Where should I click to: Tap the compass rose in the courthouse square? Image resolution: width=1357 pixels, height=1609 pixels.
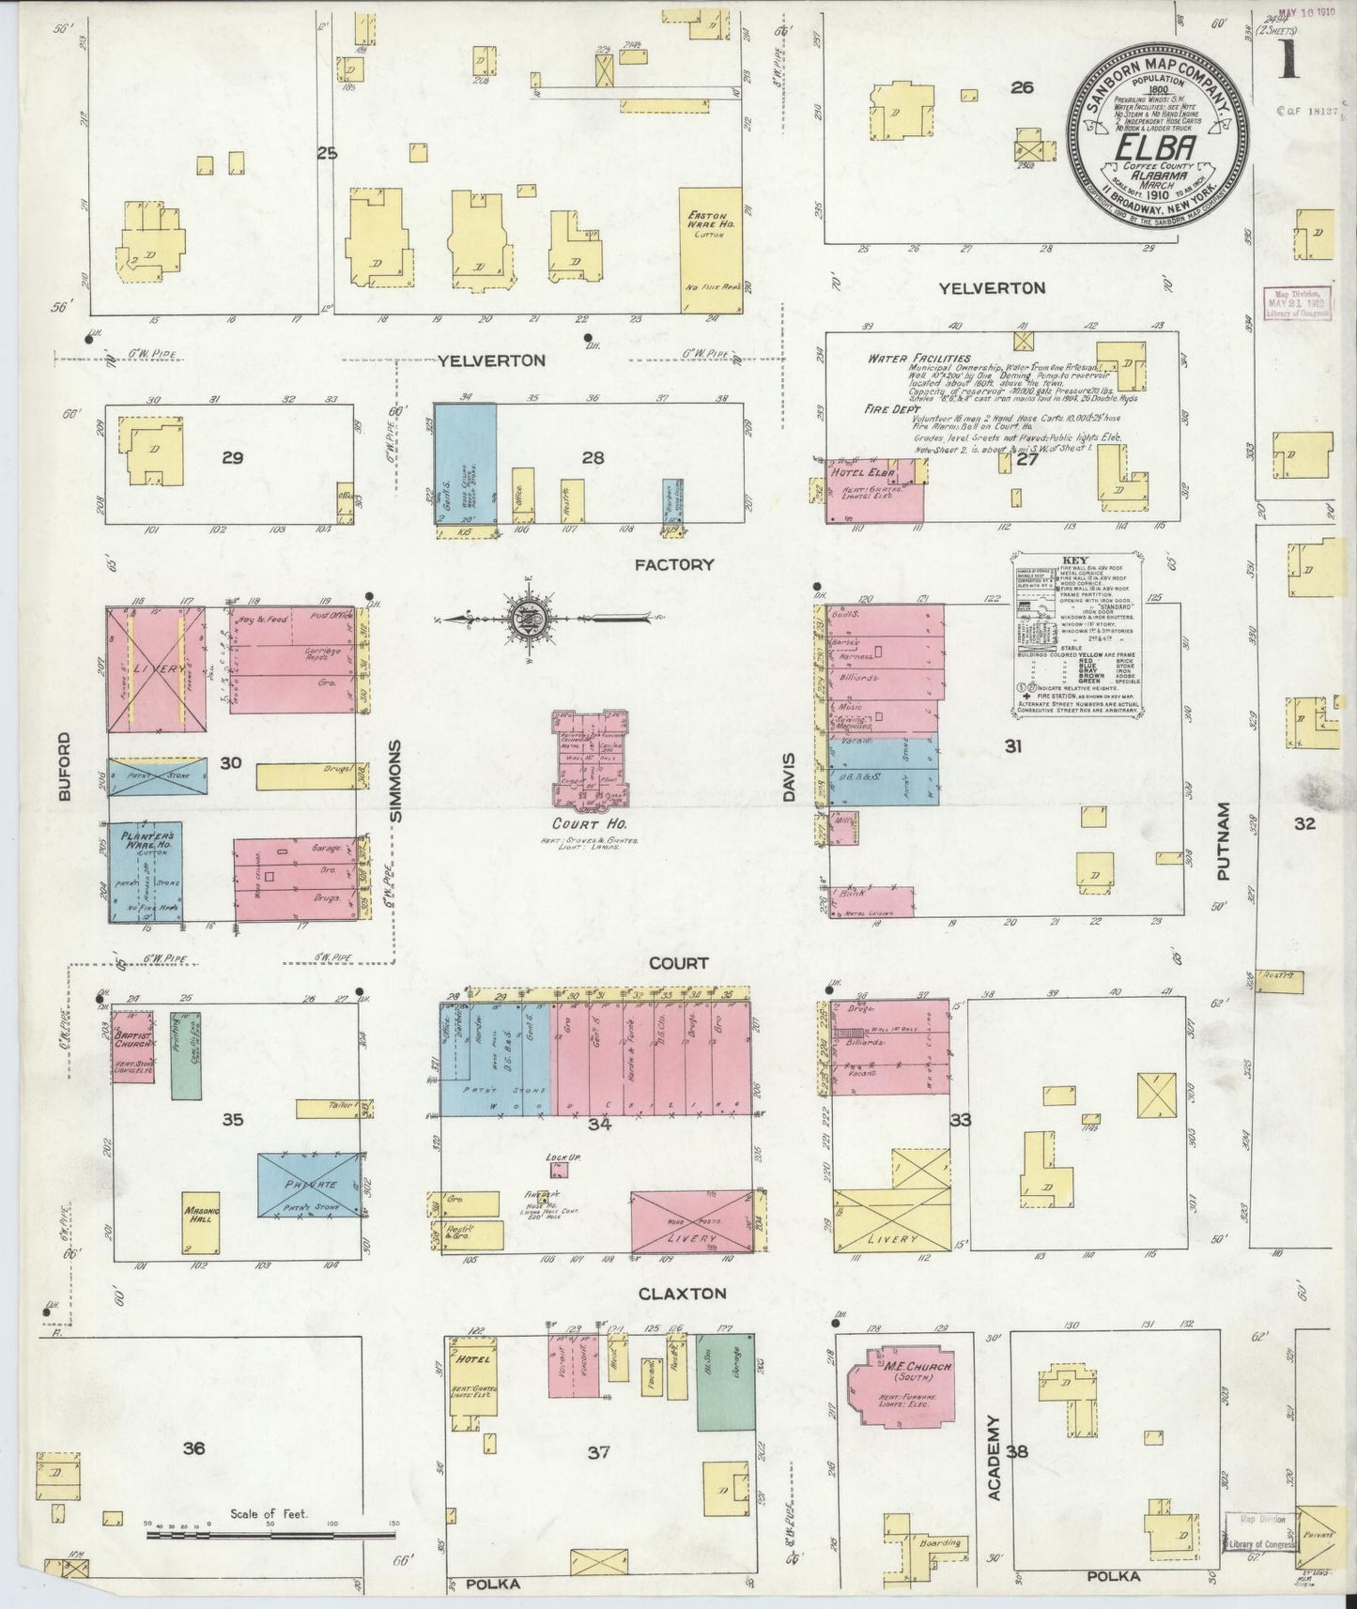click(523, 619)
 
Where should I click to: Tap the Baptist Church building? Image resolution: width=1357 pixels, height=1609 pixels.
click(132, 1045)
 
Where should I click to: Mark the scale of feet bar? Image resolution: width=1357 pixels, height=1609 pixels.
click(270, 1535)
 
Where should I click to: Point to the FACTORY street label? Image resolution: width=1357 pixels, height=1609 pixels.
click(673, 564)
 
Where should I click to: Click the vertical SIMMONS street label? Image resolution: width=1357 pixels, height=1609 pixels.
click(395, 781)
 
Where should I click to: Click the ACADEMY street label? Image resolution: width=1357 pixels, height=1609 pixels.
click(995, 1463)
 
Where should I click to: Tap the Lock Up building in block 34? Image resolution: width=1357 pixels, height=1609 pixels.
click(559, 1169)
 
